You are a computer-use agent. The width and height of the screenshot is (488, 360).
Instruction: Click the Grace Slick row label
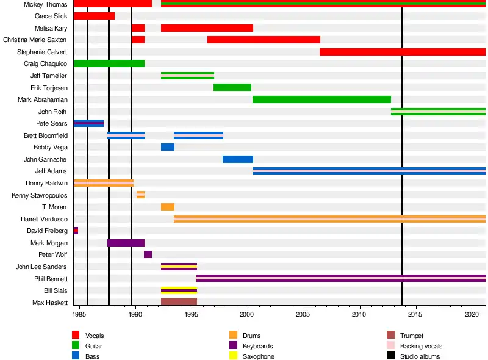pos(51,16)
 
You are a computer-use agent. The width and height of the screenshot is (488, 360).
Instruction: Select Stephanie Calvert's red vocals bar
pos(402,52)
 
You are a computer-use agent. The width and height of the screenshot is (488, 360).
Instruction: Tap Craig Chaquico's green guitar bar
pos(109,63)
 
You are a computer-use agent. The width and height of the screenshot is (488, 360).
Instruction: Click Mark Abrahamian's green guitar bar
pos(321,99)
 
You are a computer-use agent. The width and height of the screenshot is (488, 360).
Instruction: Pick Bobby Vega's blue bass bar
pos(168,147)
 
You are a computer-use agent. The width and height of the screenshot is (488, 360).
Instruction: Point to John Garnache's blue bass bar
pos(238,159)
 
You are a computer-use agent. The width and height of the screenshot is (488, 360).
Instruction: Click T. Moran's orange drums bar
pos(168,207)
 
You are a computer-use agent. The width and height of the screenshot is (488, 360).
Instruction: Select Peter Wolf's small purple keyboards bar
pos(148,254)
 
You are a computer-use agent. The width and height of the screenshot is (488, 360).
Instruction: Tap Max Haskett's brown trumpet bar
pos(179,302)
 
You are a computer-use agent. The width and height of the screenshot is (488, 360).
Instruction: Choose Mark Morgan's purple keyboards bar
pos(126,243)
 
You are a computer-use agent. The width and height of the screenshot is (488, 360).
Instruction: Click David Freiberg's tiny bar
pos(76,231)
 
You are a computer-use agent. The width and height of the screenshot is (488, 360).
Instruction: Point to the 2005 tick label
pos(304,314)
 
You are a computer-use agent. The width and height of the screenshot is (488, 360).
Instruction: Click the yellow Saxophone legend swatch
pos(233,356)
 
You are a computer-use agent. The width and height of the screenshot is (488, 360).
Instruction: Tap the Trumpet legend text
pos(411,336)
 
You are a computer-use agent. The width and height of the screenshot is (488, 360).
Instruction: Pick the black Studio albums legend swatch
pos(390,356)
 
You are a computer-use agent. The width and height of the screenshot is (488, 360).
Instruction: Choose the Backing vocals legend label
pos(420,346)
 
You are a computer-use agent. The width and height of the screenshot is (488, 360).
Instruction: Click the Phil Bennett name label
pos(51,278)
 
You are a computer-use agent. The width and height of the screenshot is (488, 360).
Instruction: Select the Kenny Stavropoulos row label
pos(40,195)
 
